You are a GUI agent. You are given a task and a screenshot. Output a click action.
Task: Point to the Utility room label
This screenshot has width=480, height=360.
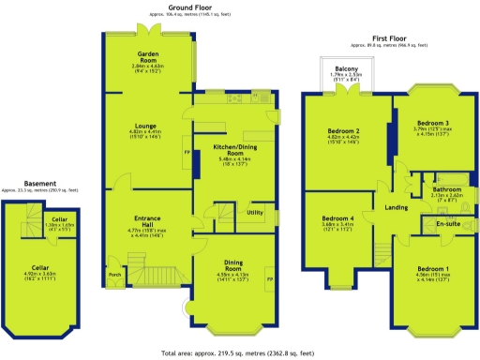[254, 213]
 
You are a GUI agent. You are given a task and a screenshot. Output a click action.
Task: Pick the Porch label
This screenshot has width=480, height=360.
[114, 275]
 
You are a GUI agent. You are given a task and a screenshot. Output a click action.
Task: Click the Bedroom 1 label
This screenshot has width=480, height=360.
[432, 269]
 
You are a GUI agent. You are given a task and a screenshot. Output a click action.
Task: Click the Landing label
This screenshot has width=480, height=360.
[396, 207]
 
